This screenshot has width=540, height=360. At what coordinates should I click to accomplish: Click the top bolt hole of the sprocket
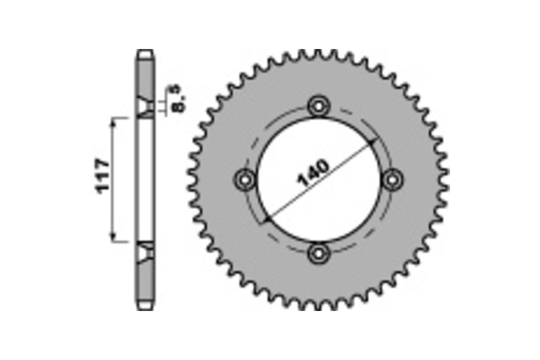(319, 107)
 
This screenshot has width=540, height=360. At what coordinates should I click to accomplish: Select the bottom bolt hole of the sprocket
(319, 253)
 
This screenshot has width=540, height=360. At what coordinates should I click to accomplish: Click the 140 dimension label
(313, 173)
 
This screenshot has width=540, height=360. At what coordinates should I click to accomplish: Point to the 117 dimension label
(103, 176)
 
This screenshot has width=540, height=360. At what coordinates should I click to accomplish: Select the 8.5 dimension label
(178, 99)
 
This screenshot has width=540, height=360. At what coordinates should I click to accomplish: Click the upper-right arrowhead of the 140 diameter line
(372, 142)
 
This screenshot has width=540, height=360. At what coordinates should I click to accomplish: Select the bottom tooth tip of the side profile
(145, 307)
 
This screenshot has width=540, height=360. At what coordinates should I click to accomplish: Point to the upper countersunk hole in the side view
(145, 107)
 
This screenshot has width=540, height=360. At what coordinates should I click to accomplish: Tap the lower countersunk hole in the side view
(145, 252)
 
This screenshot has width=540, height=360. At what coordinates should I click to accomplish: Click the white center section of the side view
(145, 180)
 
